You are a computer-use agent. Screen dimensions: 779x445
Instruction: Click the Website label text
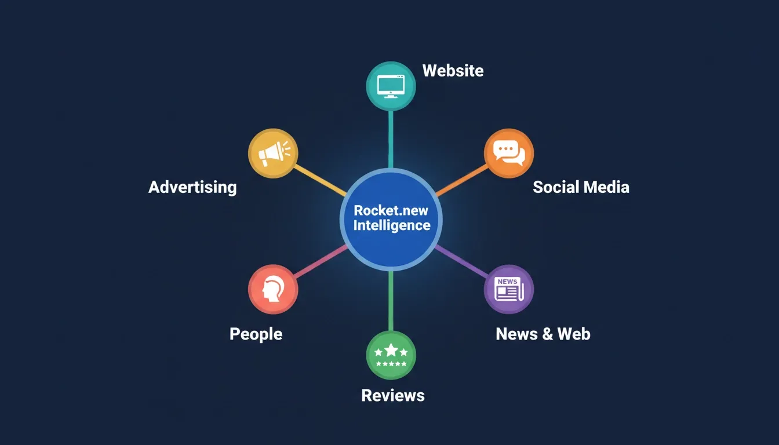(x=453, y=71)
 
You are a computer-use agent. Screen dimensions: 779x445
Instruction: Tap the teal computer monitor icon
(x=391, y=86)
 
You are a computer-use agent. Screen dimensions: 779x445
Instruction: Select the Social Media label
(x=581, y=187)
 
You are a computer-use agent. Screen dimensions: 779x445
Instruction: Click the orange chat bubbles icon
(x=509, y=154)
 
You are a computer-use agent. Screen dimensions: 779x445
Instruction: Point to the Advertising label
(x=192, y=188)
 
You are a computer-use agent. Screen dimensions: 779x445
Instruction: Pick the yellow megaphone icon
(x=273, y=154)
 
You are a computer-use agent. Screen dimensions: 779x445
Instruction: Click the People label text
(x=256, y=334)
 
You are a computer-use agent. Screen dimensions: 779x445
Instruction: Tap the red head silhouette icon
(x=273, y=289)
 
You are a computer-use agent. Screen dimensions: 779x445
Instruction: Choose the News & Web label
(x=543, y=334)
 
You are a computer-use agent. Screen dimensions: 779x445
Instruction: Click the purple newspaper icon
(x=509, y=289)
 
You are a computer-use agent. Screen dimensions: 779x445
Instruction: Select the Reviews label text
(x=393, y=396)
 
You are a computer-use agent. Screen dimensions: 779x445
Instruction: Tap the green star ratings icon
(x=391, y=355)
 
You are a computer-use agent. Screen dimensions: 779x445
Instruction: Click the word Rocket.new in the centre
(x=391, y=211)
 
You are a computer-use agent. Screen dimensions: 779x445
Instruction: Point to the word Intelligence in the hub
(x=392, y=225)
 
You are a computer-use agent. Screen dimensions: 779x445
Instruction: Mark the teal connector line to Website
(x=391, y=140)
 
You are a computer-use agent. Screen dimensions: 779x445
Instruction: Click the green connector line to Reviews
(x=391, y=301)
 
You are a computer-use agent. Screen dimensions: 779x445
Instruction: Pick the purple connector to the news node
(x=461, y=261)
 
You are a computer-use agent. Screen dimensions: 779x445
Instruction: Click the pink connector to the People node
(x=321, y=261)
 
